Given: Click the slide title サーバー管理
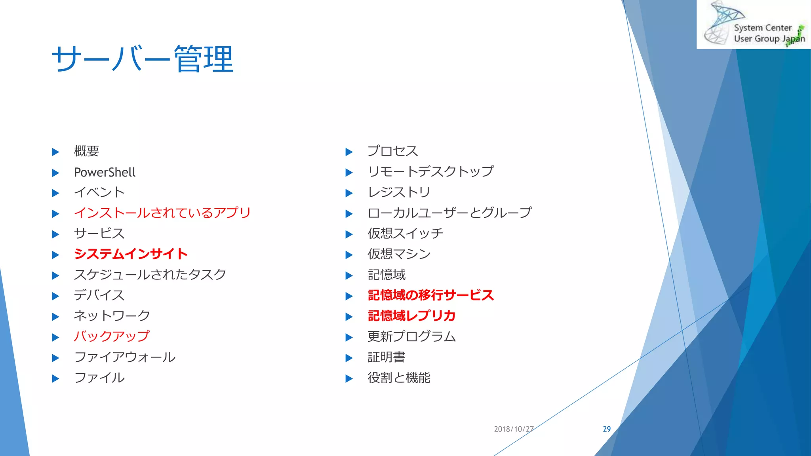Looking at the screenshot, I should (143, 59).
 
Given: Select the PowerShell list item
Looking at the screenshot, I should (105, 173).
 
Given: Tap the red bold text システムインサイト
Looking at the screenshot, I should (131, 254).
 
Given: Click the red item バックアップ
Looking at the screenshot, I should (112, 336).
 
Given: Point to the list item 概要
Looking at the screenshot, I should (86, 151).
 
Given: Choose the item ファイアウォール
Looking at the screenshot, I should (124, 357).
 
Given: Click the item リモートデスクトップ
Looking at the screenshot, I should (430, 171).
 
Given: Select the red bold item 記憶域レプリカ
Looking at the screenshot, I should (412, 316).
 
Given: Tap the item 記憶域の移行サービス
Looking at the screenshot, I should (431, 295).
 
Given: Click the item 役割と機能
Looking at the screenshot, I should (399, 378).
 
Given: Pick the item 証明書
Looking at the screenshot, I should (386, 357).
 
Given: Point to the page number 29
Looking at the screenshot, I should (607, 429).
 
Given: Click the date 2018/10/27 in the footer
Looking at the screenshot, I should (514, 429).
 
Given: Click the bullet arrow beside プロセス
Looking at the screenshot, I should (349, 152).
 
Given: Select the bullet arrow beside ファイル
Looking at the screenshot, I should (55, 378).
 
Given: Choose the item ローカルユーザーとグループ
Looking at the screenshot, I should (449, 213).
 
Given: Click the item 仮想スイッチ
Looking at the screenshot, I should (405, 234).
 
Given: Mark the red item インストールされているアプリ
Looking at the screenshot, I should (162, 213).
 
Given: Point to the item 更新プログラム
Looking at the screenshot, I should (411, 336).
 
